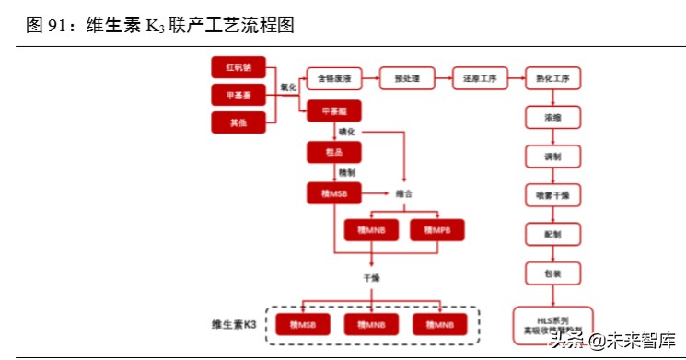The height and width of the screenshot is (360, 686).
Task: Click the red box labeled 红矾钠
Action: (238, 68)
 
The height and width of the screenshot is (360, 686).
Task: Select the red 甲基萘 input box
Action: (238, 95)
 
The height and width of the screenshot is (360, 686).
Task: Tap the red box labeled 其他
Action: (238, 122)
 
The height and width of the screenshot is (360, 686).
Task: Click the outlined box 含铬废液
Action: (333, 79)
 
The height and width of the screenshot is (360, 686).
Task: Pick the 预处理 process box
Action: (406, 79)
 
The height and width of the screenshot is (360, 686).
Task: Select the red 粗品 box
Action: (333, 152)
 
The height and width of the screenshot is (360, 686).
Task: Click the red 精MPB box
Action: (436, 229)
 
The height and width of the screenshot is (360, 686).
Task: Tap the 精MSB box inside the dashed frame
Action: (303, 324)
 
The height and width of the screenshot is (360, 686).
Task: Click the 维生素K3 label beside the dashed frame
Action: (234, 324)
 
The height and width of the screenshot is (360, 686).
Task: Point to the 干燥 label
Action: (371, 276)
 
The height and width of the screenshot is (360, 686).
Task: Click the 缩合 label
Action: (404, 193)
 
